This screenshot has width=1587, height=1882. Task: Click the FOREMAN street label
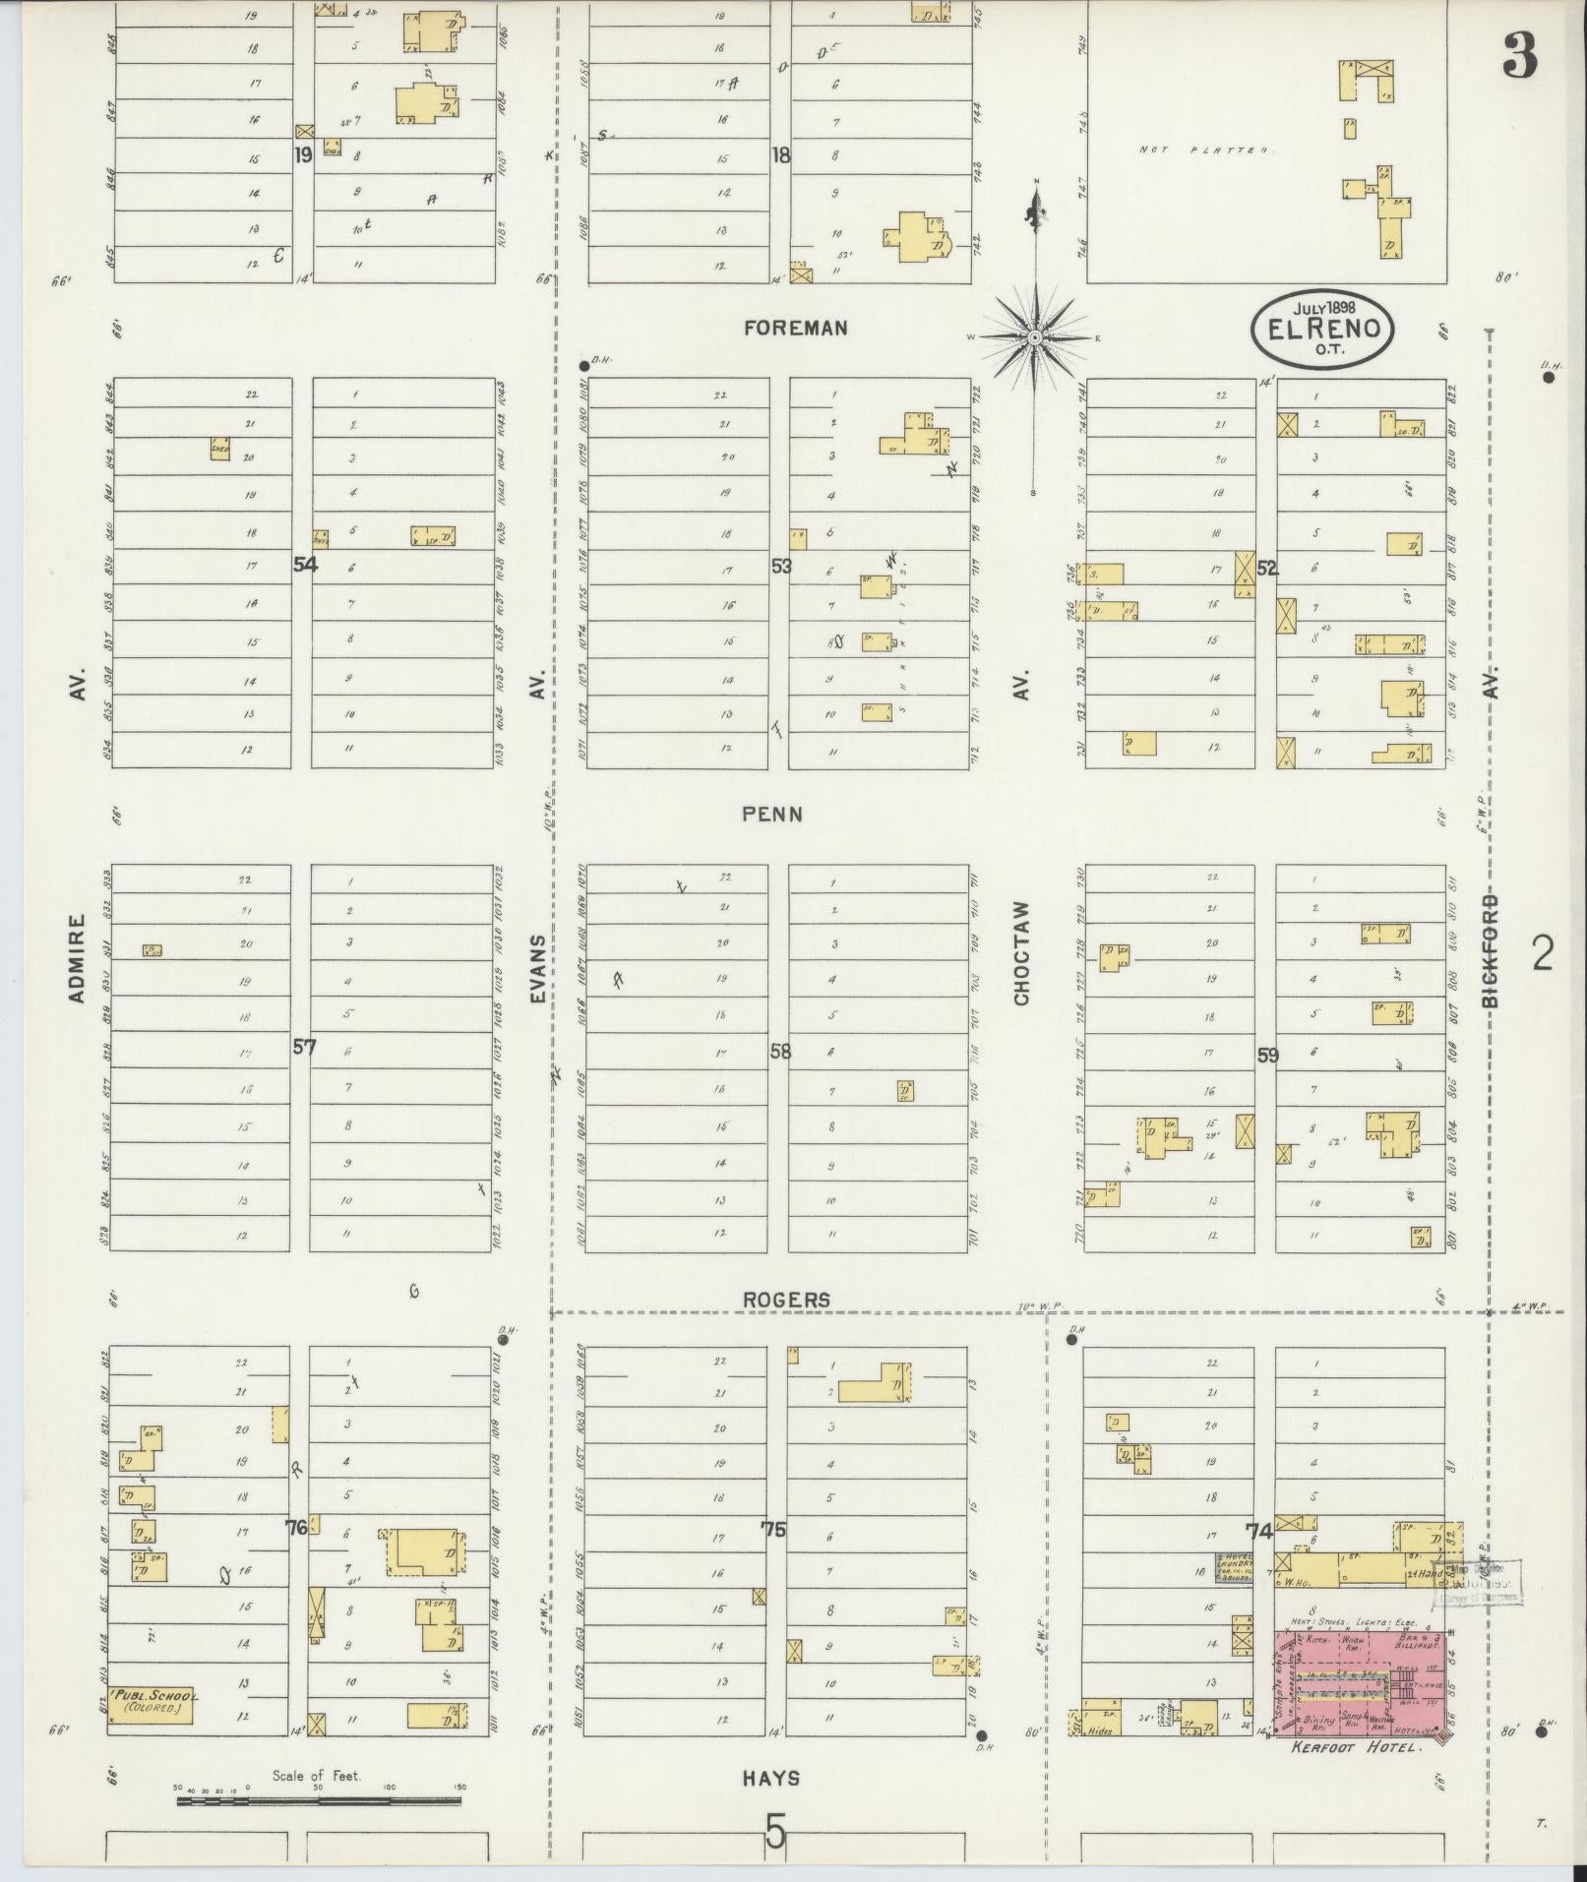point(796,329)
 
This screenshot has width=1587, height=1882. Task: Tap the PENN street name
point(772,815)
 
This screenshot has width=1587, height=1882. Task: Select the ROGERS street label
point(787,1300)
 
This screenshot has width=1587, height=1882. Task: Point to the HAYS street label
point(771,1778)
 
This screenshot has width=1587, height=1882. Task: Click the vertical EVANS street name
point(537,969)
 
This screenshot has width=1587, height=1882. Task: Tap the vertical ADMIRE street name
point(79,959)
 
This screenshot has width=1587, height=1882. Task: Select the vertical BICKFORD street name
point(1492,949)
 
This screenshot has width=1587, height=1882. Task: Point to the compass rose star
point(1035,338)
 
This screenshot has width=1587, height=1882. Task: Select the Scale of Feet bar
point(318,1800)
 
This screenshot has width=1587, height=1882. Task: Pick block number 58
point(780,1052)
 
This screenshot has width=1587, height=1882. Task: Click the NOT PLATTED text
point(1204,151)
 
